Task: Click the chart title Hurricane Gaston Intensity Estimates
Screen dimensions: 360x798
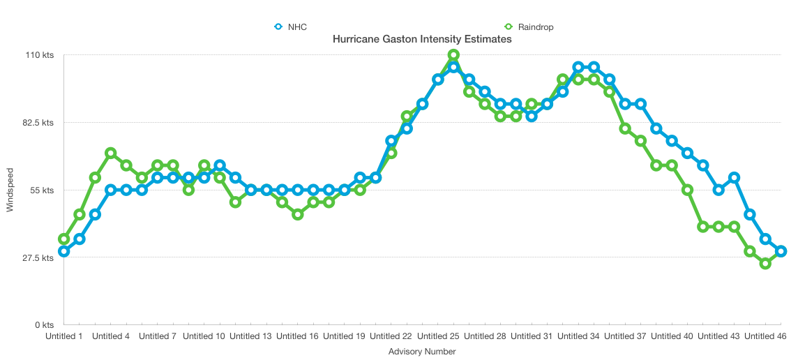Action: coord(422,40)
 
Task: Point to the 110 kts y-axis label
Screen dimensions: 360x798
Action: coord(38,55)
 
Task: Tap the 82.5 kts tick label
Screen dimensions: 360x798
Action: coord(37,123)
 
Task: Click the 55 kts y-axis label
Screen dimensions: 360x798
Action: coord(41,190)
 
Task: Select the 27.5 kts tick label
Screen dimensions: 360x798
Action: coord(37,258)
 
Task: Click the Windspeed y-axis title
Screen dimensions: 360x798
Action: coord(10,190)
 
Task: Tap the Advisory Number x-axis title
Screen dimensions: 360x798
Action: coord(422,352)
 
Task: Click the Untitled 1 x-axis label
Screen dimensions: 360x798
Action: coord(64,336)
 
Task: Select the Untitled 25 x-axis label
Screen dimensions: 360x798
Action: coord(437,336)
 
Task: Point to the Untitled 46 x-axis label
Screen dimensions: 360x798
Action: coord(765,336)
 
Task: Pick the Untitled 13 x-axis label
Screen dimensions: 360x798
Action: coord(250,336)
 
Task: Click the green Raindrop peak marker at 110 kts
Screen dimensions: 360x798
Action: coord(453,55)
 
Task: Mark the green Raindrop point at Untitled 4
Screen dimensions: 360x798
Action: coord(110,153)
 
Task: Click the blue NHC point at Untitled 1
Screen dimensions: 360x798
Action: coord(63,251)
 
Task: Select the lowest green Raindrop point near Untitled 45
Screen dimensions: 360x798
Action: coord(765,264)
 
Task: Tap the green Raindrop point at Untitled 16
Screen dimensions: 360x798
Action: coord(298,214)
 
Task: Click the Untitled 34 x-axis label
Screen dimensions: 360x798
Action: coord(578,336)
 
